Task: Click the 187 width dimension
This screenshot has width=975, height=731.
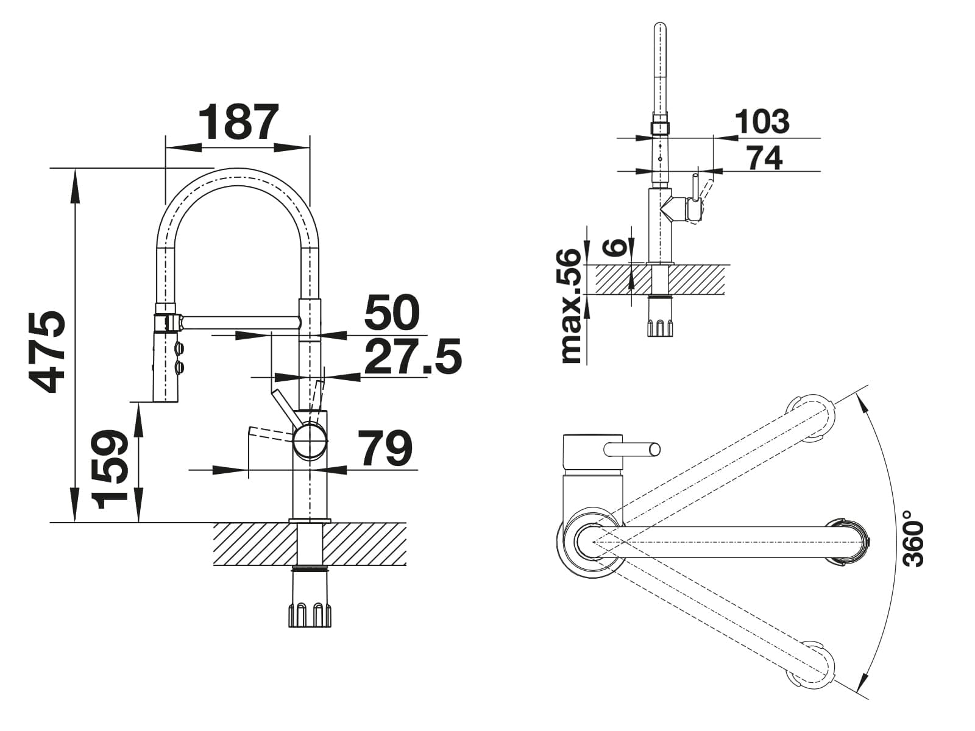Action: click(239, 122)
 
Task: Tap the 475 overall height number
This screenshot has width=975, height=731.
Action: click(47, 352)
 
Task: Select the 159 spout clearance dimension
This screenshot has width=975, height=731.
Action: click(110, 468)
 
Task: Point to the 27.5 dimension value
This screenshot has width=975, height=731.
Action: click(413, 356)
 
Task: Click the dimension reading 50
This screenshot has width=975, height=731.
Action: click(392, 312)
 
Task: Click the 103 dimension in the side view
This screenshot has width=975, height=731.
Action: click(762, 121)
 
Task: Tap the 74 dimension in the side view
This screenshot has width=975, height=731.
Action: click(764, 158)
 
